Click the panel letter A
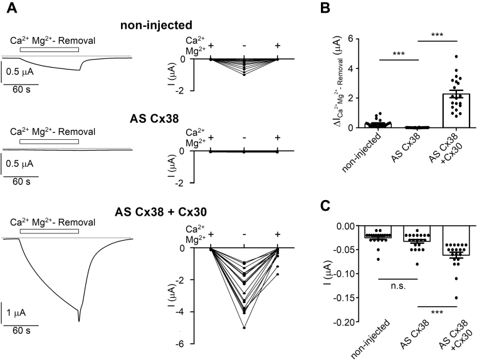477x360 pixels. point(7,7)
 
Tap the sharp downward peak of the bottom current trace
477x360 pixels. point(79,320)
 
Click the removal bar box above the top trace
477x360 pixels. point(49,48)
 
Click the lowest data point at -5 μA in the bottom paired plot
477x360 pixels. point(243,327)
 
